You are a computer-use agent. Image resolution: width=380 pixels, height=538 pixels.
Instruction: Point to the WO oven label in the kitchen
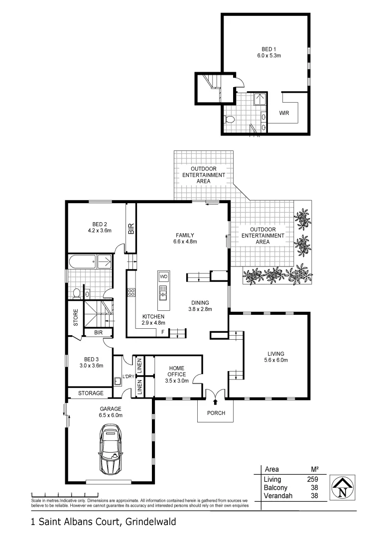click(x=163, y=276)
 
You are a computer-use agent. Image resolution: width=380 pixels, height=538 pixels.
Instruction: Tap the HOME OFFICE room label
click(x=176, y=371)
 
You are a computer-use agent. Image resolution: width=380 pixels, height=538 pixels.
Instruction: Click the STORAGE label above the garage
click(x=91, y=393)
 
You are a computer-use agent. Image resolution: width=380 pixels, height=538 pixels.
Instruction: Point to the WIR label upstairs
click(x=284, y=113)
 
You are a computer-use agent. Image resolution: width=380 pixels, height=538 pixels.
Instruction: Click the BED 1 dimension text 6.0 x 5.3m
click(x=269, y=56)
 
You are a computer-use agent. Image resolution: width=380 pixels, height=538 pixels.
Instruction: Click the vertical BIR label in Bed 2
click(x=131, y=229)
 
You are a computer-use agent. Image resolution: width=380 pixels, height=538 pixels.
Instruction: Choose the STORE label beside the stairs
click(x=76, y=319)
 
